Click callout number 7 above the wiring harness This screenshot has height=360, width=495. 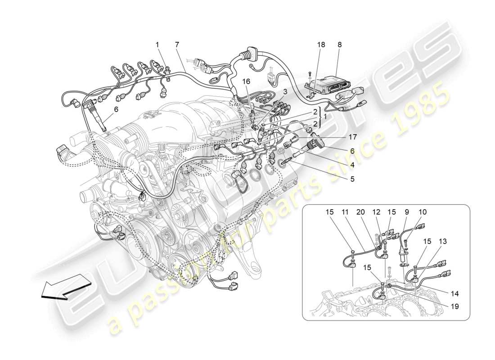point(177,45)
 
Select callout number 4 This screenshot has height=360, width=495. point(352,165)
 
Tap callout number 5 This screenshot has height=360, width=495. point(352,179)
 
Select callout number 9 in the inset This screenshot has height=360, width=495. point(407,212)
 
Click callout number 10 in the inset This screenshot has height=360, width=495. point(423,212)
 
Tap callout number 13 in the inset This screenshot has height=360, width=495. point(443,242)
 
